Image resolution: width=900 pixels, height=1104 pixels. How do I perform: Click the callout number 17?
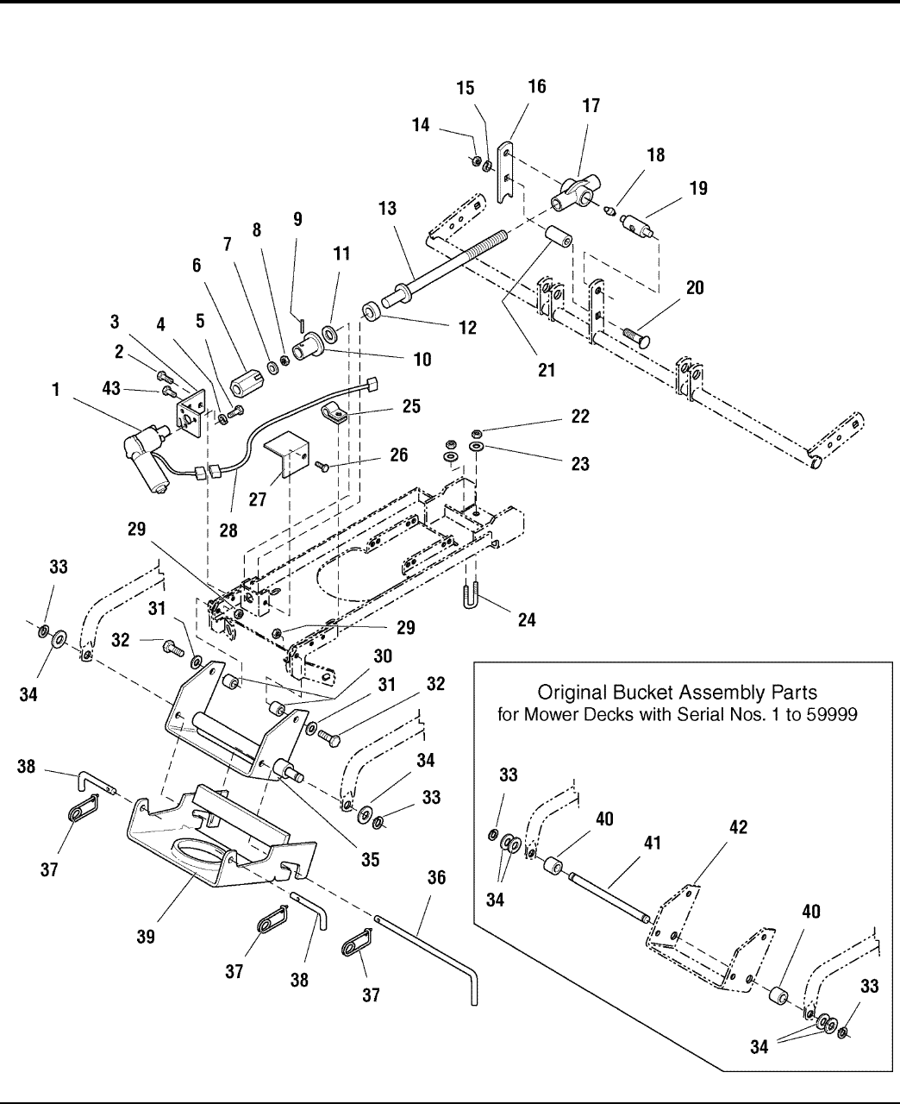[x=591, y=106]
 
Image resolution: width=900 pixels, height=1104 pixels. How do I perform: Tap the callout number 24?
[x=526, y=619]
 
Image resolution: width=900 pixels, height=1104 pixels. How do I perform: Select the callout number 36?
[x=438, y=878]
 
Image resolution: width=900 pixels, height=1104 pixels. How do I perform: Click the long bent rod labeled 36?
[x=431, y=949]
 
